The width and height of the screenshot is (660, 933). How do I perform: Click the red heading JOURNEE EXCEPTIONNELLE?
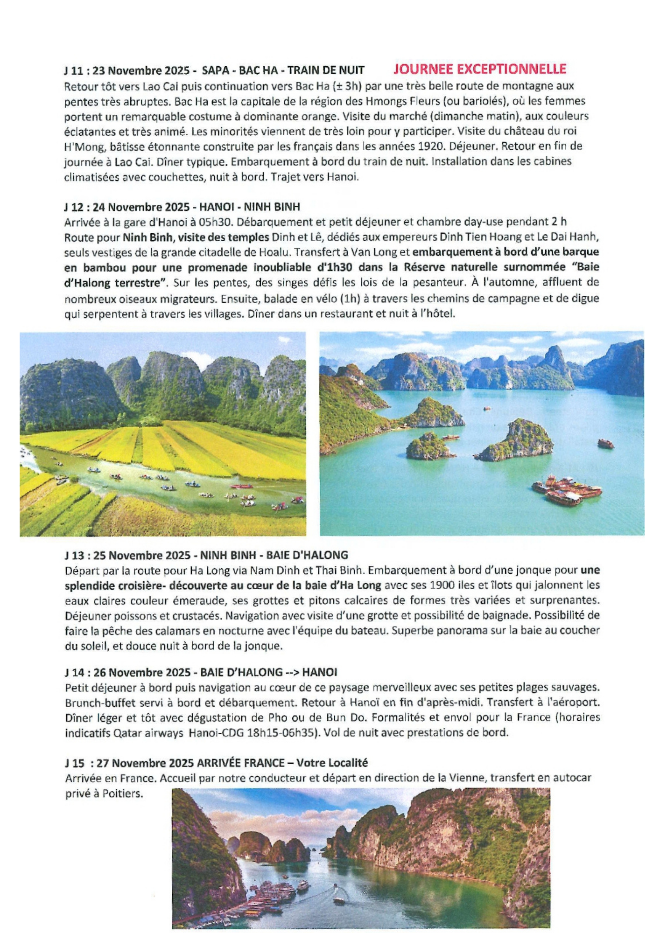479,69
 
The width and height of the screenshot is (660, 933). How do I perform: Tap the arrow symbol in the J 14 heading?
292,673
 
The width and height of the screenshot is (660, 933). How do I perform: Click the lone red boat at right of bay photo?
606,444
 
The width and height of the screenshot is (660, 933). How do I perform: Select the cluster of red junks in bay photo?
566,490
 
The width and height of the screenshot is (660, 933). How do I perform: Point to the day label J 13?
76,556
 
